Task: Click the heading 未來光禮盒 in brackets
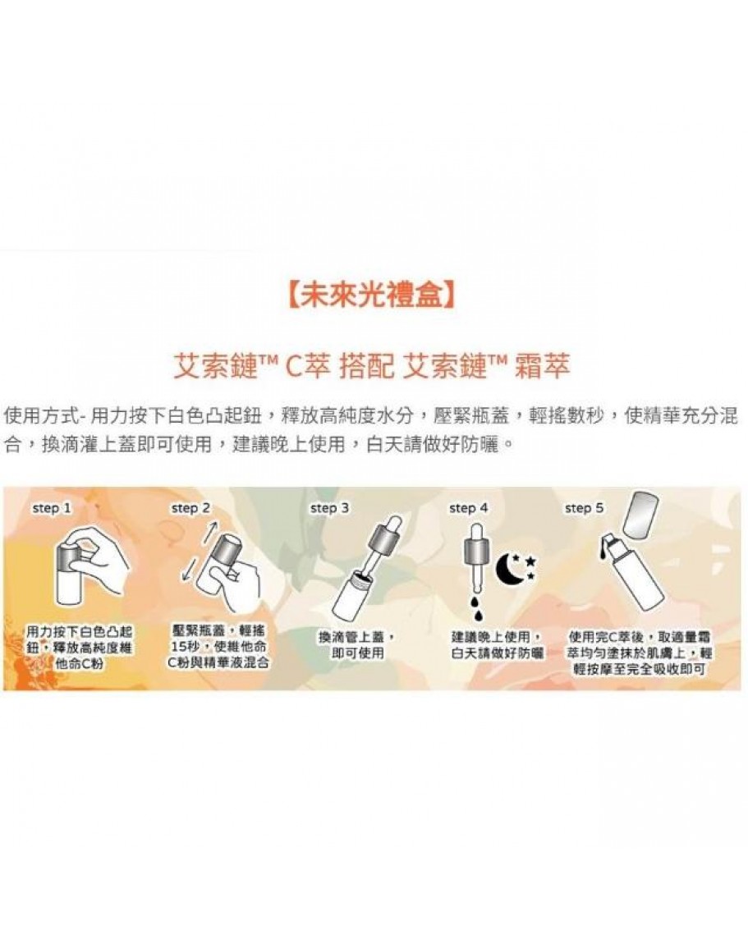click(x=369, y=294)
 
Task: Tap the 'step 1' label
click(x=52, y=508)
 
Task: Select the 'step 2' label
click(x=190, y=508)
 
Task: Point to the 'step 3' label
click(x=329, y=508)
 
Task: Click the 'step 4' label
click(x=468, y=508)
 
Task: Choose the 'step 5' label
click(x=584, y=508)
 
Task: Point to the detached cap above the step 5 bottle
click(x=641, y=515)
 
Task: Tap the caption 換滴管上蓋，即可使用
click(x=357, y=644)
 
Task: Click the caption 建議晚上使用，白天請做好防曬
click(x=497, y=644)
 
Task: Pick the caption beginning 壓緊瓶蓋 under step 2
click(x=218, y=646)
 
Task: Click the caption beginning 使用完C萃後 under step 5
click(x=639, y=653)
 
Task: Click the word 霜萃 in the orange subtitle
click(x=543, y=366)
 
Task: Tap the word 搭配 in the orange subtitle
click(x=366, y=366)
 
